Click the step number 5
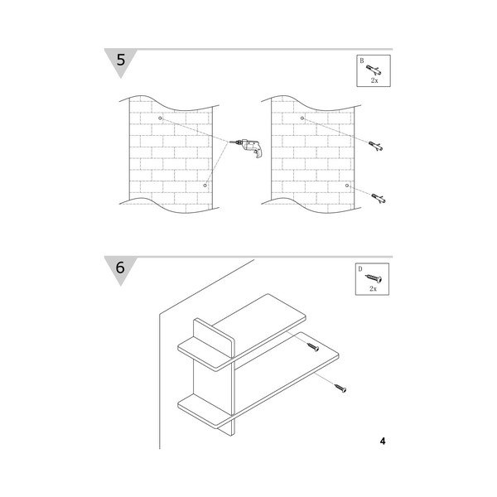pos(121,60)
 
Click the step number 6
pos(120,268)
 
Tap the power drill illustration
pos(246,147)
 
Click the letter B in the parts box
pos(362,60)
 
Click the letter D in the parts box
pos(360,269)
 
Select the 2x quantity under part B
pos(374,80)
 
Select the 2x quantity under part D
pos(373,289)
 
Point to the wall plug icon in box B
pos(374,70)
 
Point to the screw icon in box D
pos(374,278)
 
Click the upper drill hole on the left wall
pos(160,118)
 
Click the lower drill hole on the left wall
pos(205,186)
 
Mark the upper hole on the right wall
pos(302,118)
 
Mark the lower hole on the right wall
pos(347,186)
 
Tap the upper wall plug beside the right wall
pos(375,146)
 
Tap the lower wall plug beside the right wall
pos(379,199)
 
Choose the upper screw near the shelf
pos(313,347)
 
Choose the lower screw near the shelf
pos(340,388)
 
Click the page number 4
pos(383,441)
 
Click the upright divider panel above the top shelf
pos(215,338)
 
